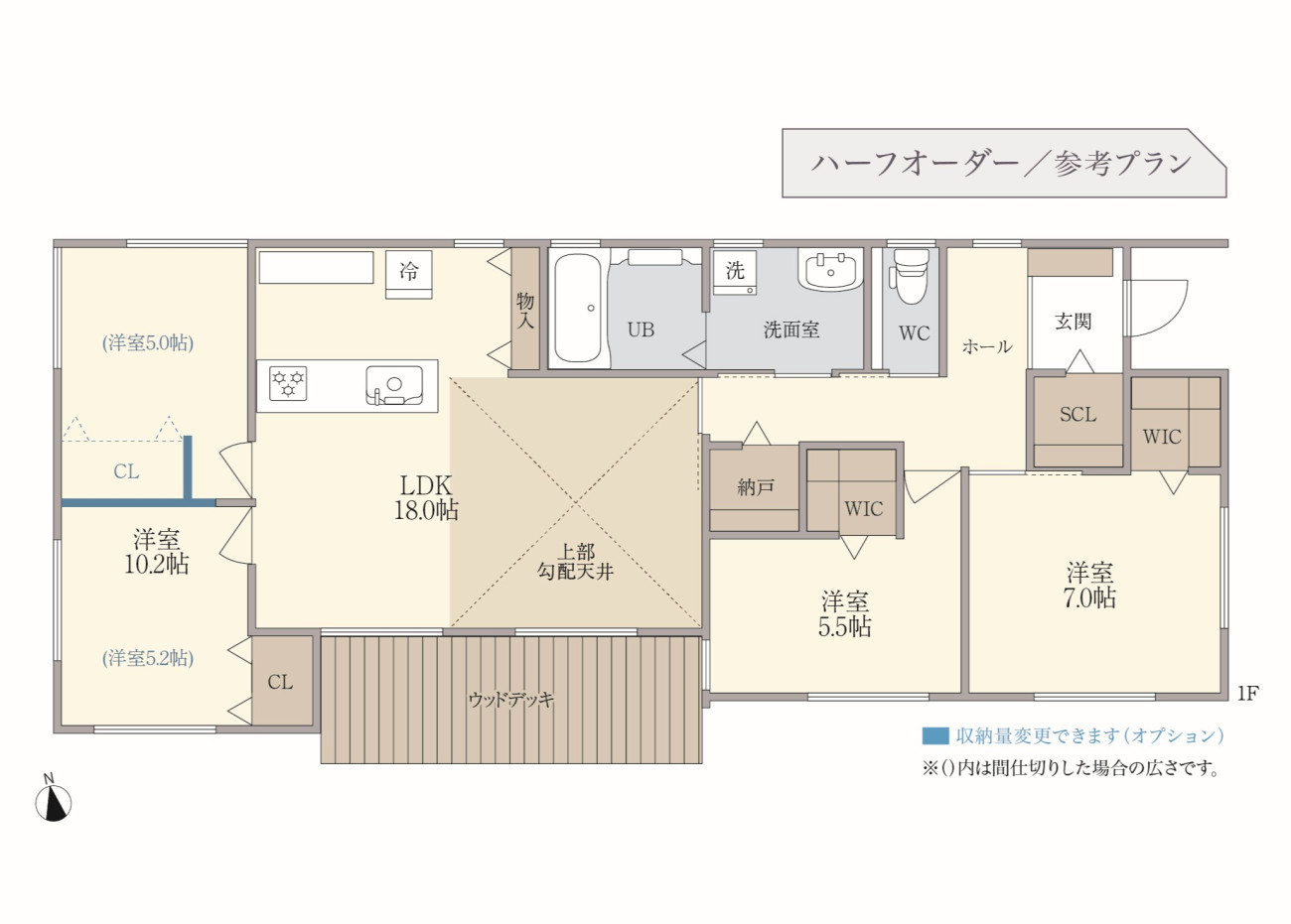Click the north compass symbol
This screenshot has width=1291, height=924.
pos(53,801)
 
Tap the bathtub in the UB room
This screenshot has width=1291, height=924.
pos(578,308)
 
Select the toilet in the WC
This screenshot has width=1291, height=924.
pos(910,277)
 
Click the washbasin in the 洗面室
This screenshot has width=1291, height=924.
pos(830,270)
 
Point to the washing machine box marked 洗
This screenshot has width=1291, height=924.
pos(735,273)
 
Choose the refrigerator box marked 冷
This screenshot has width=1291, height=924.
pos(408,274)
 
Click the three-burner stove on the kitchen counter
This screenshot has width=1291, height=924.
pos(288,383)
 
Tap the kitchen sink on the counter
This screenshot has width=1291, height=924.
pos(394,385)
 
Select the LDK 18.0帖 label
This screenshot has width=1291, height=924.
pos(426,498)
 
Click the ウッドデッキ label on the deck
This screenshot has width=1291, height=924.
pos(510,700)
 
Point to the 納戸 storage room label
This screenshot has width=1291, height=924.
pos(756,488)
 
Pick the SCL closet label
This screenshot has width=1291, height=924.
pos(1077,414)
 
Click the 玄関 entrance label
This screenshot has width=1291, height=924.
pos(1074,321)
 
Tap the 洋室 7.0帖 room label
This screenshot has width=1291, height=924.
pos(1089,586)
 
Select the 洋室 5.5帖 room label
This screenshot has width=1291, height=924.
pos(844,614)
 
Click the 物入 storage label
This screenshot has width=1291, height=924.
pos(525,311)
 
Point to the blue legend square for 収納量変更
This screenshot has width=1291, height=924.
pos(935,735)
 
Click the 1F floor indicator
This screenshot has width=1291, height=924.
pos(1247,693)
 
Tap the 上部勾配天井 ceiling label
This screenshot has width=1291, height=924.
pos(576,562)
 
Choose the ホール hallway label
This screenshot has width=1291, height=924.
pos(987,346)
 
